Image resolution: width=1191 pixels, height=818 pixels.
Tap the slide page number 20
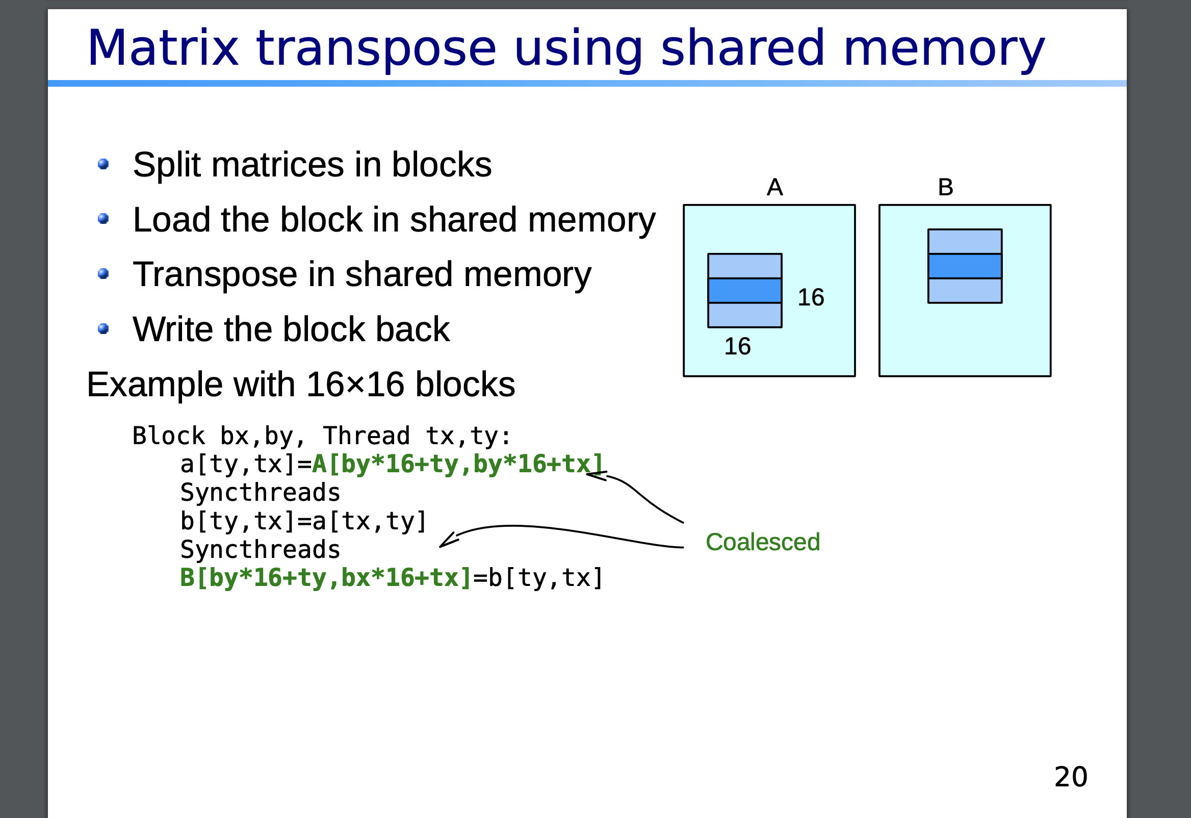[x=1071, y=777]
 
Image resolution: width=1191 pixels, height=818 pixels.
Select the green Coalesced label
[x=763, y=542]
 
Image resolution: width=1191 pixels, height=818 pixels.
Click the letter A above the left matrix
[x=774, y=187]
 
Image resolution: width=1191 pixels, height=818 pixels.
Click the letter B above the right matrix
[x=946, y=187]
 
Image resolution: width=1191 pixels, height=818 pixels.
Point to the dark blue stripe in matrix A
[x=745, y=291]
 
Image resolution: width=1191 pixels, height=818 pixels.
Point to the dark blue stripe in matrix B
[x=965, y=266]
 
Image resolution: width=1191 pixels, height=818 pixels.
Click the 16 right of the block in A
[x=811, y=297]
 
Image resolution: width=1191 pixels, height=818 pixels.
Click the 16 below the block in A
[x=737, y=346]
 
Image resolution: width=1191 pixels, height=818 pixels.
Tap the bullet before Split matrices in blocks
[x=103, y=164]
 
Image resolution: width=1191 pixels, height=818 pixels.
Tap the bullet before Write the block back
[x=103, y=328]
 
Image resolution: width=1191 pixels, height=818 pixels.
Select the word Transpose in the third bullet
[x=214, y=274]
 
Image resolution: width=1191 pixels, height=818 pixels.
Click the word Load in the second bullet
[x=172, y=220]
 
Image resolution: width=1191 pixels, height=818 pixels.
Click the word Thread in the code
[x=367, y=436]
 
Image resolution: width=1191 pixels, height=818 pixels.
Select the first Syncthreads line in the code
[x=261, y=493]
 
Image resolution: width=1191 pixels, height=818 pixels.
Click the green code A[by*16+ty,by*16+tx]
[x=457, y=464]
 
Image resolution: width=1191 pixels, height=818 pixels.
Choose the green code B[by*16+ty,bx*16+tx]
[x=325, y=578]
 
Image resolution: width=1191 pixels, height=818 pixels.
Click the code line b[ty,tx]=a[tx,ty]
[x=303, y=521]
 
